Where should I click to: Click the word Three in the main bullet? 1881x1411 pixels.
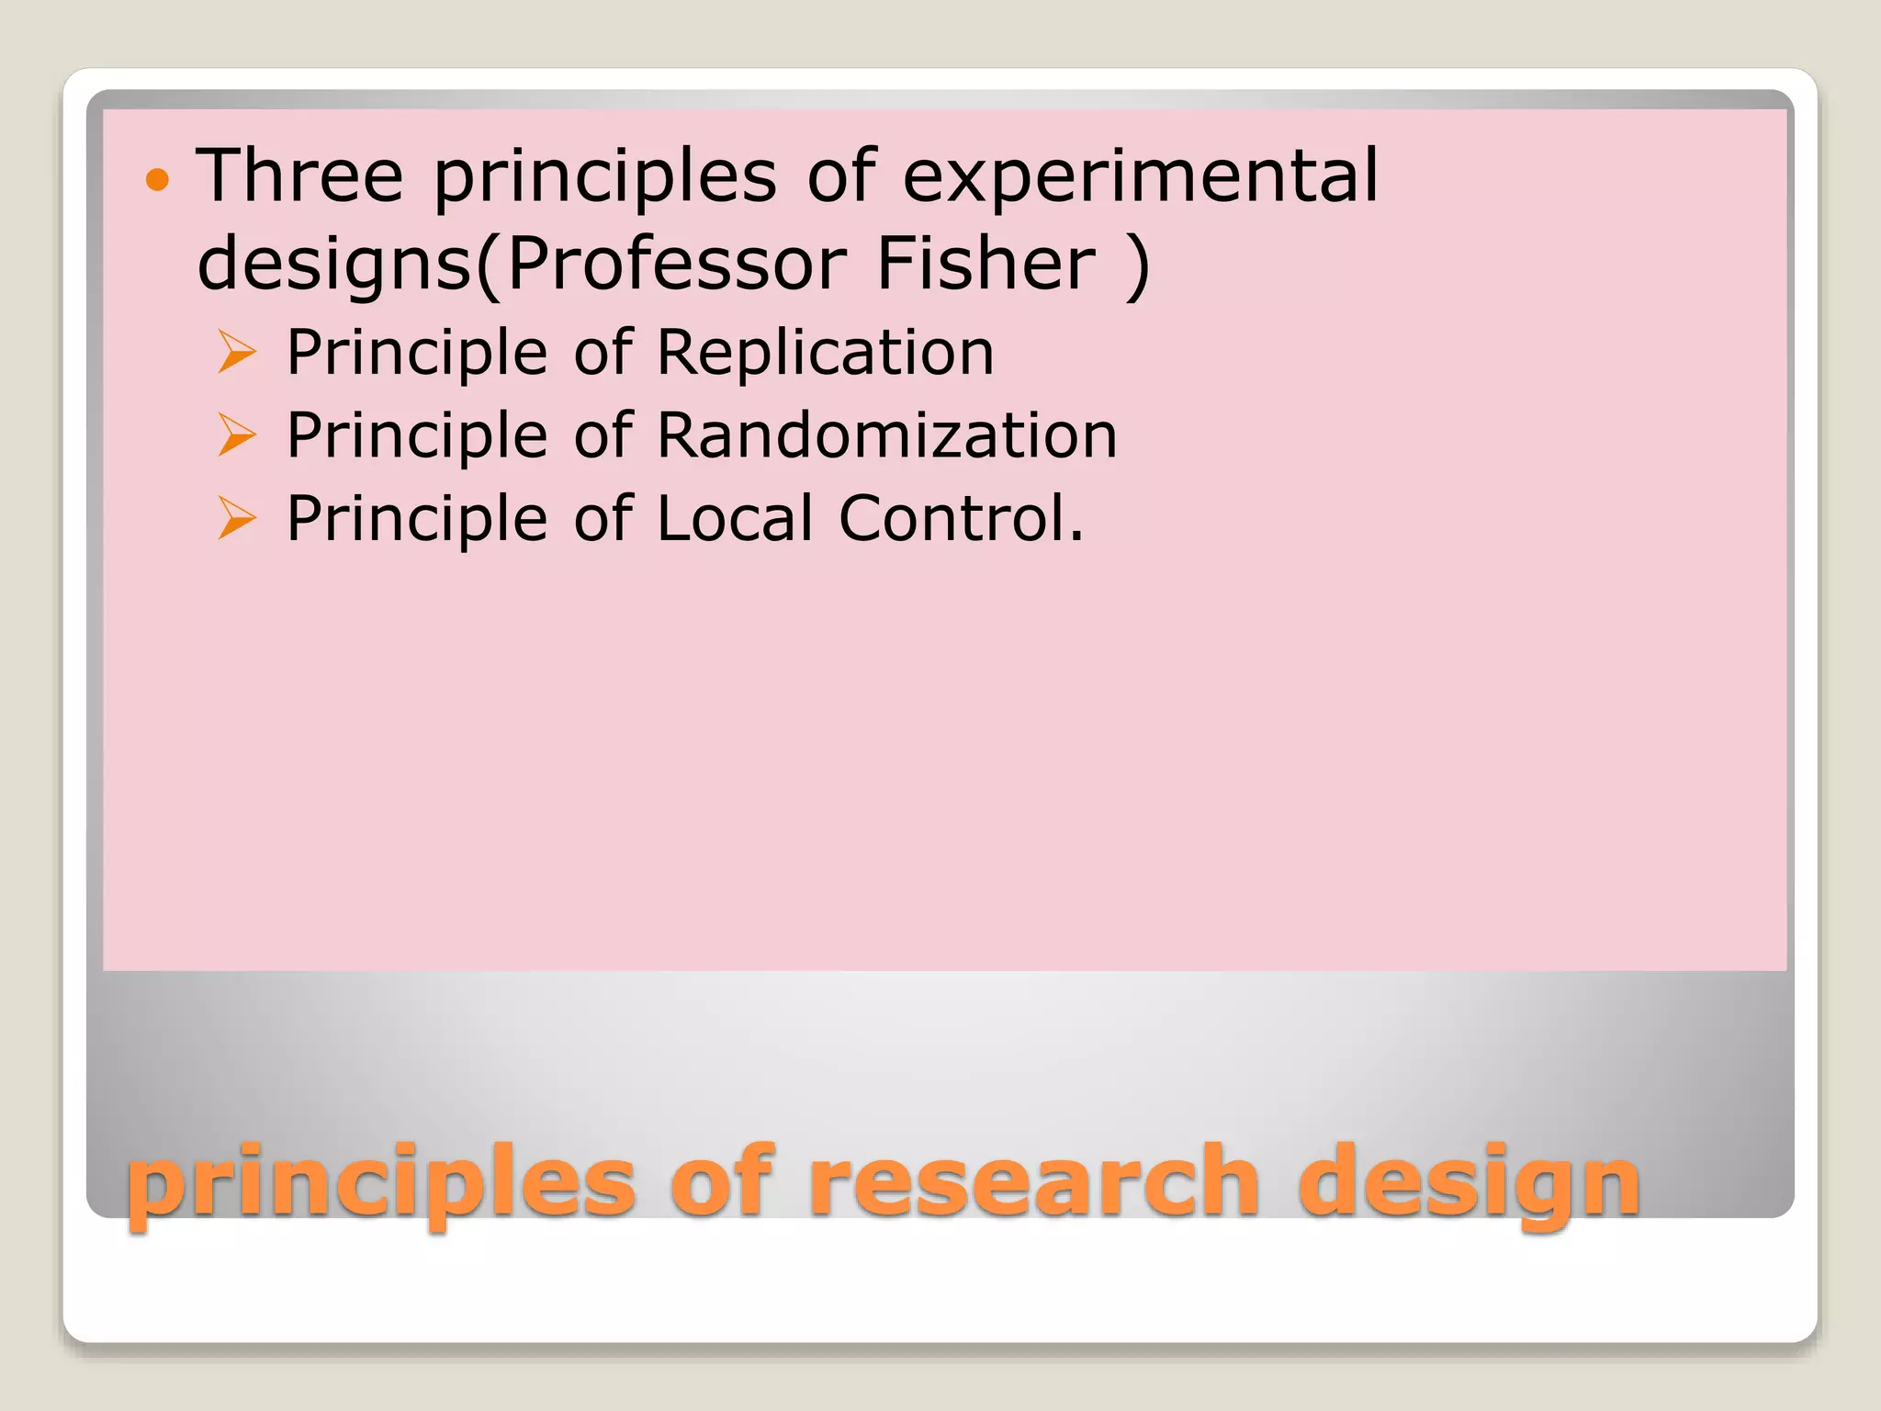coord(300,175)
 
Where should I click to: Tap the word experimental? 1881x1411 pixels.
coord(1140,175)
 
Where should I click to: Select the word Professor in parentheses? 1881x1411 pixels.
coord(675,264)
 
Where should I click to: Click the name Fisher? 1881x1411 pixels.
coord(986,264)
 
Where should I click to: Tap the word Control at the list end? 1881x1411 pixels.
coord(961,518)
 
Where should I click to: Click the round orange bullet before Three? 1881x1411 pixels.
coord(158,179)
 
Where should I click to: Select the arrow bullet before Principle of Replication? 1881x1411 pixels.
coord(237,354)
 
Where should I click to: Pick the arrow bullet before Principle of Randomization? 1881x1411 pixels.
coord(237,436)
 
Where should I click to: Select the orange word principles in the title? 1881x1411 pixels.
coord(380,1185)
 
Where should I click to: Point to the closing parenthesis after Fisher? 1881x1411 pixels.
coord(1137,265)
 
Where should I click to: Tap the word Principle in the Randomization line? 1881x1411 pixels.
coord(417,436)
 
